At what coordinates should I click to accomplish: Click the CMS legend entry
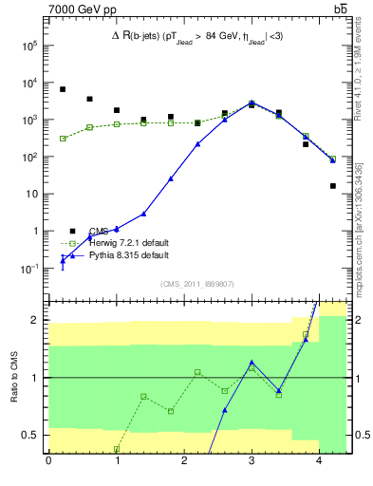point(99,231)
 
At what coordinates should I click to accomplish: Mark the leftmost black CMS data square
point(63,89)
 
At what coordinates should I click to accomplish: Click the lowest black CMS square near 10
point(333,186)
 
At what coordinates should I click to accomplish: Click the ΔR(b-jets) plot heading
point(198,37)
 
